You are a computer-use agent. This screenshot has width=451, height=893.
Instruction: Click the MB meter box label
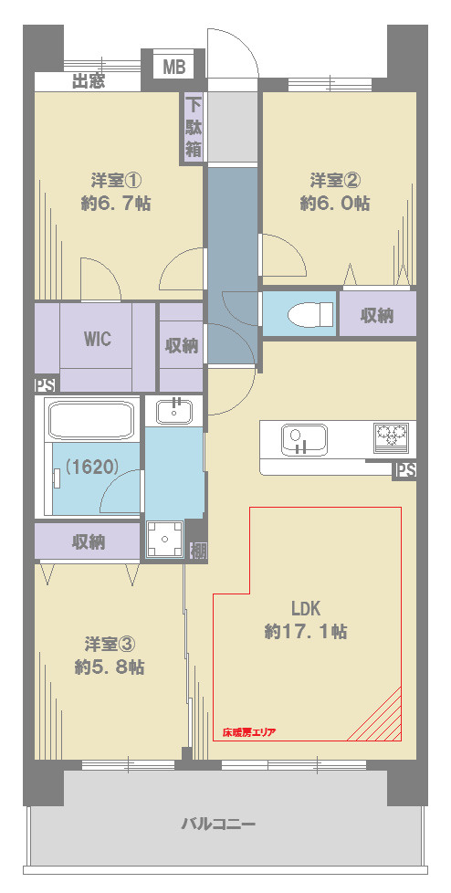click(174, 68)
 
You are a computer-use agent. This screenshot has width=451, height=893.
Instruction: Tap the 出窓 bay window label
click(89, 82)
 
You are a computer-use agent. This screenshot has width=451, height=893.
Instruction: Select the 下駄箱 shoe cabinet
click(193, 128)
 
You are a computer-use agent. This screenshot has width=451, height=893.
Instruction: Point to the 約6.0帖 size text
click(335, 204)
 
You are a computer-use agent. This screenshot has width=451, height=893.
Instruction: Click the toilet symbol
click(310, 314)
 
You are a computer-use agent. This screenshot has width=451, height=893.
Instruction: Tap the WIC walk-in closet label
click(98, 340)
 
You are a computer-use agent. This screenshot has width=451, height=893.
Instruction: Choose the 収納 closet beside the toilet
click(377, 315)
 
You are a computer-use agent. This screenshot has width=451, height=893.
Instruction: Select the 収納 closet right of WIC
click(181, 346)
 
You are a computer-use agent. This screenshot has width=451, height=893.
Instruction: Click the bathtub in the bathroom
click(91, 420)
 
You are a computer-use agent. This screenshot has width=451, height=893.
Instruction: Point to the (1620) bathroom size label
click(91, 467)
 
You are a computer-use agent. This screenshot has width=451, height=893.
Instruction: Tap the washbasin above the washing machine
click(174, 411)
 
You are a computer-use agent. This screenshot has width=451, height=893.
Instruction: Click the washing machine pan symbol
click(164, 540)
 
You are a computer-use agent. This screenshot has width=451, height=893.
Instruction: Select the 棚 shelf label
click(197, 551)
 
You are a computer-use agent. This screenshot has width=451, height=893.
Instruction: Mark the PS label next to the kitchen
click(405, 471)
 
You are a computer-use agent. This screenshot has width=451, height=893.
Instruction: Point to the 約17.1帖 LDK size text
click(307, 631)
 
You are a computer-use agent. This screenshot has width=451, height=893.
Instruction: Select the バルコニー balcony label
click(218, 825)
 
